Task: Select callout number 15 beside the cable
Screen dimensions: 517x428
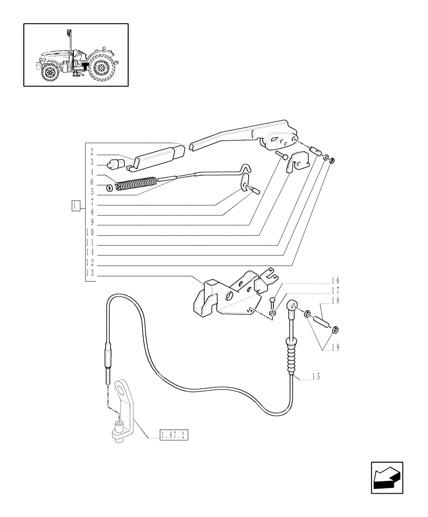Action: coord(315,376)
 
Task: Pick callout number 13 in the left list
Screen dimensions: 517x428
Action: coord(91,274)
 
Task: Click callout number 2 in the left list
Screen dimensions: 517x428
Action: coord(91,153)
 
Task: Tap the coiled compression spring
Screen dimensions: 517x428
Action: coord(136,184)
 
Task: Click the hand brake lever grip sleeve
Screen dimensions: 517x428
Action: coord(155,156)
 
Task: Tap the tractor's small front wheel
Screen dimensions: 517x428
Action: coord(51,72)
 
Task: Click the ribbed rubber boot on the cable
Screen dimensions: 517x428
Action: coord(293,357)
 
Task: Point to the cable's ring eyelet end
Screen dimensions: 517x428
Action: coord(293,305)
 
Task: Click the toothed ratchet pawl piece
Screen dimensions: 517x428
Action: coord(298,161)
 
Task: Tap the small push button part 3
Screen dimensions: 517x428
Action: coord(116,165)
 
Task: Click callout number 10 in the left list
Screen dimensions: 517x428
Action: coord(90,233)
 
